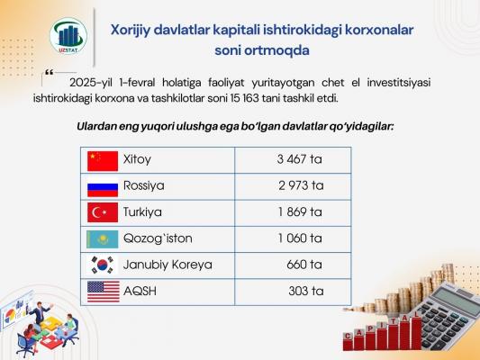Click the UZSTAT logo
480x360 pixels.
click(68, 36)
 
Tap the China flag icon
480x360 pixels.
click(103, 161)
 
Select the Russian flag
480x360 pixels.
click(103, 187)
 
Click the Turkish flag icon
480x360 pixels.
click(103, 212)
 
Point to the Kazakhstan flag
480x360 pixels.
click(103, 239)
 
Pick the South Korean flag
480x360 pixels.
click(103, 265)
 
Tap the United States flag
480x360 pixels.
click(104, 292)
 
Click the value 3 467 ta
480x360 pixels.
click(299, 159)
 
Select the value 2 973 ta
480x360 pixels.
click(301, 185)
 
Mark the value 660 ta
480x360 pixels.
click(304, 265)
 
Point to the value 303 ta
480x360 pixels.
click(306, 291)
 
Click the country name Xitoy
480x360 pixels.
click(137, 159)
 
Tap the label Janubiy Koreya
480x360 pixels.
click(168, 265)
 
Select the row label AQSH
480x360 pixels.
click(140, 291)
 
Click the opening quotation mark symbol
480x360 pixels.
click(49, 73)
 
